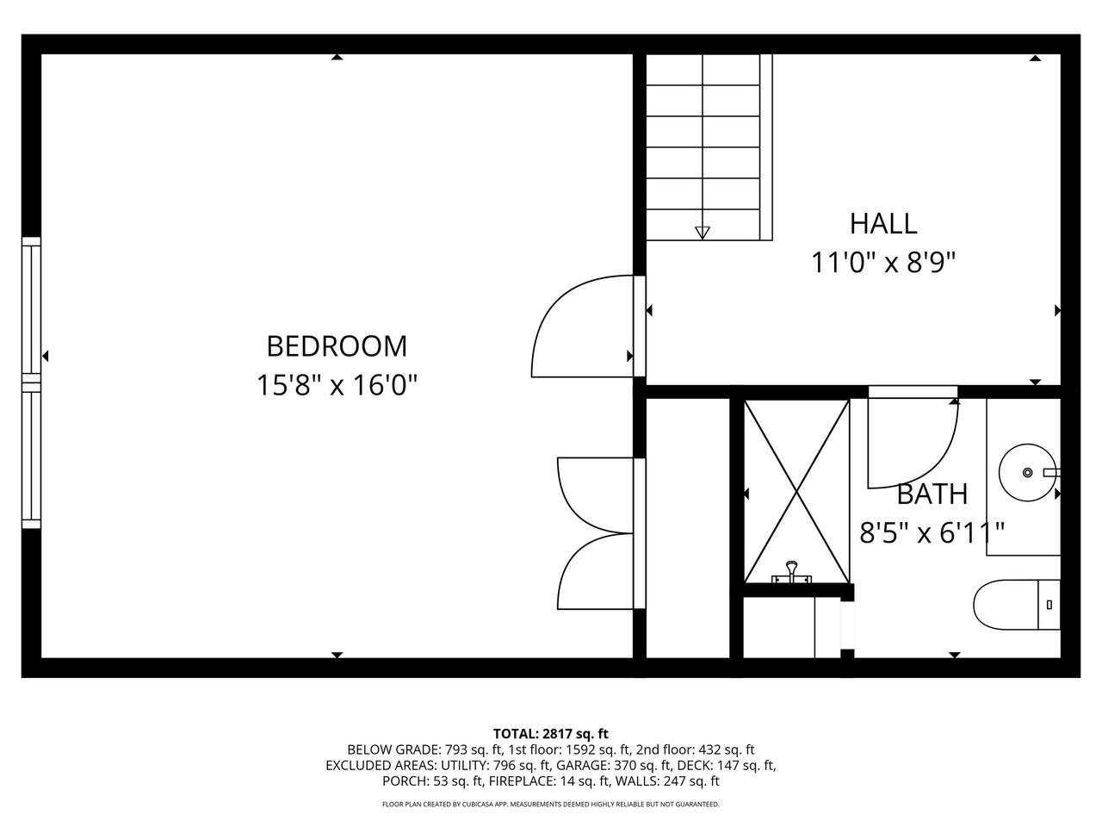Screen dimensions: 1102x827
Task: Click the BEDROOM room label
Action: (x=337, y=346)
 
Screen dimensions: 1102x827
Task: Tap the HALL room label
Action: (x=883, y=224)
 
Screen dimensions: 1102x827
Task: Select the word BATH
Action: (x=932, y=494)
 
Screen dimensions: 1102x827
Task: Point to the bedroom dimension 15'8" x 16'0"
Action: (x=337, y=385)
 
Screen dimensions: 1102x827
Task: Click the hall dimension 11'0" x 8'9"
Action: (x=883, y=262)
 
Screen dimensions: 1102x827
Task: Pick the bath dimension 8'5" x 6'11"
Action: (x=932, y=532)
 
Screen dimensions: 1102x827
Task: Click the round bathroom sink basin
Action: (x=1027, y=472)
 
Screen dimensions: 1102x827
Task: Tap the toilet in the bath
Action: (x=1017, y=605)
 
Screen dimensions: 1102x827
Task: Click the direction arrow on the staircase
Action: (x=703, y=233)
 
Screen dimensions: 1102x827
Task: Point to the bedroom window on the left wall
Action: (x=31, y=382)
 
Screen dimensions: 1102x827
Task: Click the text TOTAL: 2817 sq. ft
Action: (x=551, y=734)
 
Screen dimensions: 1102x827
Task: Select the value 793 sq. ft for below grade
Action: (x=473, y=749)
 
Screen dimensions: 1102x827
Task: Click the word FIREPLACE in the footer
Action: (x=522, y=780)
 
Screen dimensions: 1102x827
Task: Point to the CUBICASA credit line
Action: (x=551, y=805)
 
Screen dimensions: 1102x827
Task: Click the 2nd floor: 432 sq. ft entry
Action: (x=696, y=749)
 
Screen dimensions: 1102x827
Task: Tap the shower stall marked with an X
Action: (x=796, y=492)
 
